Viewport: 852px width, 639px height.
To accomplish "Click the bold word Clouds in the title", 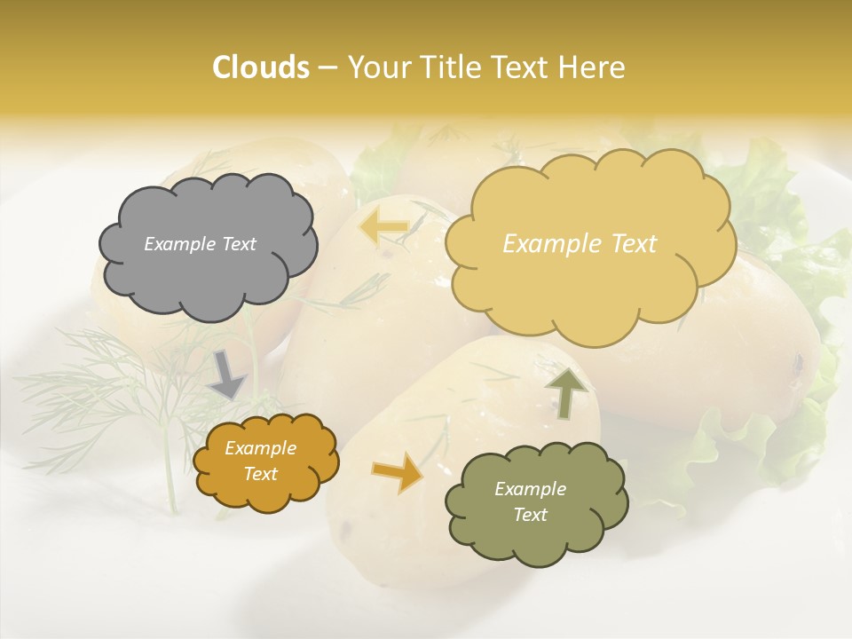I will pyautogui.click(x=261, y=67).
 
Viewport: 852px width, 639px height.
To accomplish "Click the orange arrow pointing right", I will pyautogui.click(x=398, y=472).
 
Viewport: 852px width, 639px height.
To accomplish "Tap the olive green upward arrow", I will pyautogui.click(x=566, y=390).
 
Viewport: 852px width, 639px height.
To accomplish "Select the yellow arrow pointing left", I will pyautogui.click(x=383, y=227).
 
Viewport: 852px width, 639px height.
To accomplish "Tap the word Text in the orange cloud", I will pyautogui.click(x=261, y=474).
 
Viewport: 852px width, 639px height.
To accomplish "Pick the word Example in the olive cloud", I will pyautogui.click(x=530, y=489).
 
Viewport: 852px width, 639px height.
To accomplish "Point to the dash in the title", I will pyautogui.click(x=327, y=67).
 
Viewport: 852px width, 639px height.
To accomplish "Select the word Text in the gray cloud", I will pyautogui.click(x=240, y=244).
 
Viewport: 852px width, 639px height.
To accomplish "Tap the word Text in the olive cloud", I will pyautogui.click(x=530, y=515).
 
